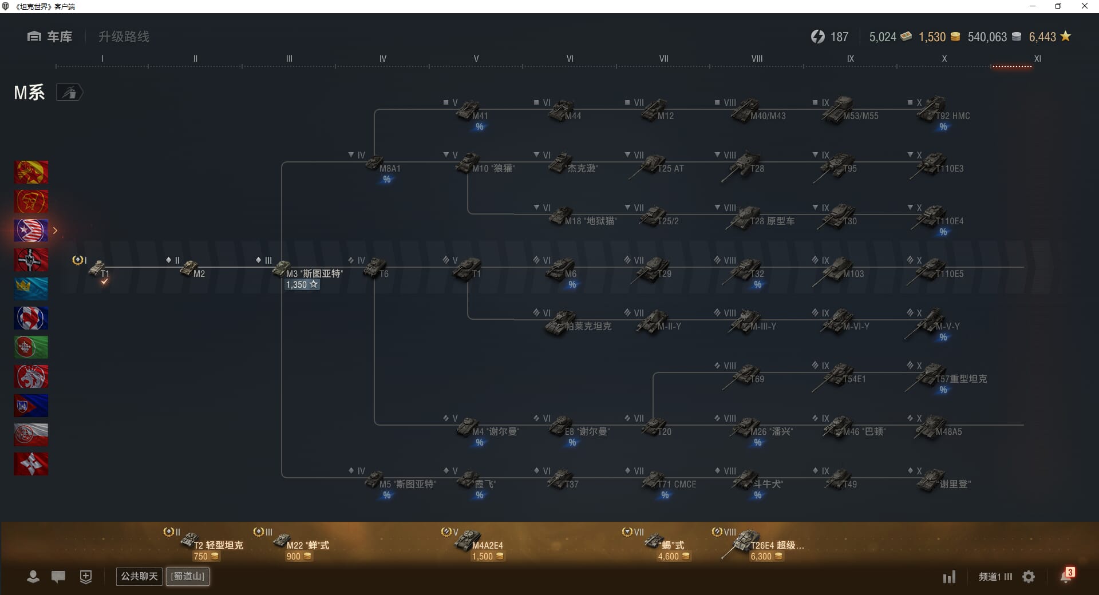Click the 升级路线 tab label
click(x=124, y=37)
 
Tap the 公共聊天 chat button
click(x=139, y=576)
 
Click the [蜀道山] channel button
click(x=188, y=576)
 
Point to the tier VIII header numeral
click(x=757, y=58)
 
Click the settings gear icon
click(x=1029, y=577)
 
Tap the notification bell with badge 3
click(x=1066, y=576)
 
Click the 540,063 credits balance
click(x=987, y=37)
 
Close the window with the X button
click(x=1084, y=6)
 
